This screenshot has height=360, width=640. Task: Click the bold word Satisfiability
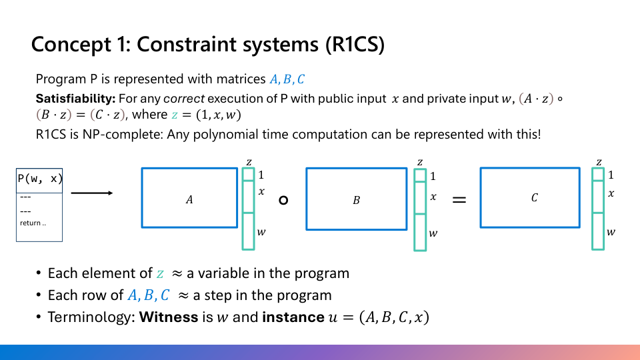coord(75,99)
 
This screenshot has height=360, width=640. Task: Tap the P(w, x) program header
coord(39,179)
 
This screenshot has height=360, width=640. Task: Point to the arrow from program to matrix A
coord(91,193)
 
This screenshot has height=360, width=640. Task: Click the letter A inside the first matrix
coord(189,199)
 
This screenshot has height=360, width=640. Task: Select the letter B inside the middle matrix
coord(356,199)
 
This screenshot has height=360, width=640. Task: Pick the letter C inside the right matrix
coord(534,198)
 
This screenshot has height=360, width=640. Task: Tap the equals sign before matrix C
coord(459,199)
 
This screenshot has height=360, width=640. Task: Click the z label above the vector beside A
coord(249,162)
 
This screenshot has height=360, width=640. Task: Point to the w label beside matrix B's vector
coord(433,233)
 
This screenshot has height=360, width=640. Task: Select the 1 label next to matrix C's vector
coord(611,175)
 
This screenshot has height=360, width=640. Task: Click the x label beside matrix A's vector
coord(261,192)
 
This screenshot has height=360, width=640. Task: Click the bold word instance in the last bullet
coord(293,317)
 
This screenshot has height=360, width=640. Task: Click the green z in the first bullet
coord(160,273)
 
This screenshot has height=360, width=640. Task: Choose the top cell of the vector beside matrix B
coord(419,175)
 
